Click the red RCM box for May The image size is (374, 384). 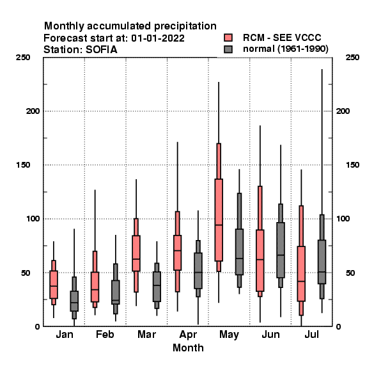tap(219, 220)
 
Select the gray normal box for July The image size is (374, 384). tap(322, 262)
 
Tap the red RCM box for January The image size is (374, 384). tap(54, 285)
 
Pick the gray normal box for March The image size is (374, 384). tap(157, 287)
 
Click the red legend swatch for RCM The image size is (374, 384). tap(228, 38)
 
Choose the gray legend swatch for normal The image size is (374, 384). tap(228, 49)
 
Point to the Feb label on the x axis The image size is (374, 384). tap(105, 334)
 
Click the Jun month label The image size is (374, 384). tap(270, 334)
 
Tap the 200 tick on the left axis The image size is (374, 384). tap(33, 111)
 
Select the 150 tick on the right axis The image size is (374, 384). tap(352, 165)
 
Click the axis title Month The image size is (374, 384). tap(188, 348)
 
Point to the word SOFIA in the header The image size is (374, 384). tap(102, 50)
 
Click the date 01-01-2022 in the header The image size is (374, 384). tap(158, 38)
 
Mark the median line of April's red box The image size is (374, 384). tap(177, 250)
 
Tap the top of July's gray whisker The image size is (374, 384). tap(322, 69)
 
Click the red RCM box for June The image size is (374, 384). tap(260, 260)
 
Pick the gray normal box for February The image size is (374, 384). tap(116, 292)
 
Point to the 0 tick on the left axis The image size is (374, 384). tap(37, 326)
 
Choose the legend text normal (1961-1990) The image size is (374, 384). tap(286, 49)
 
